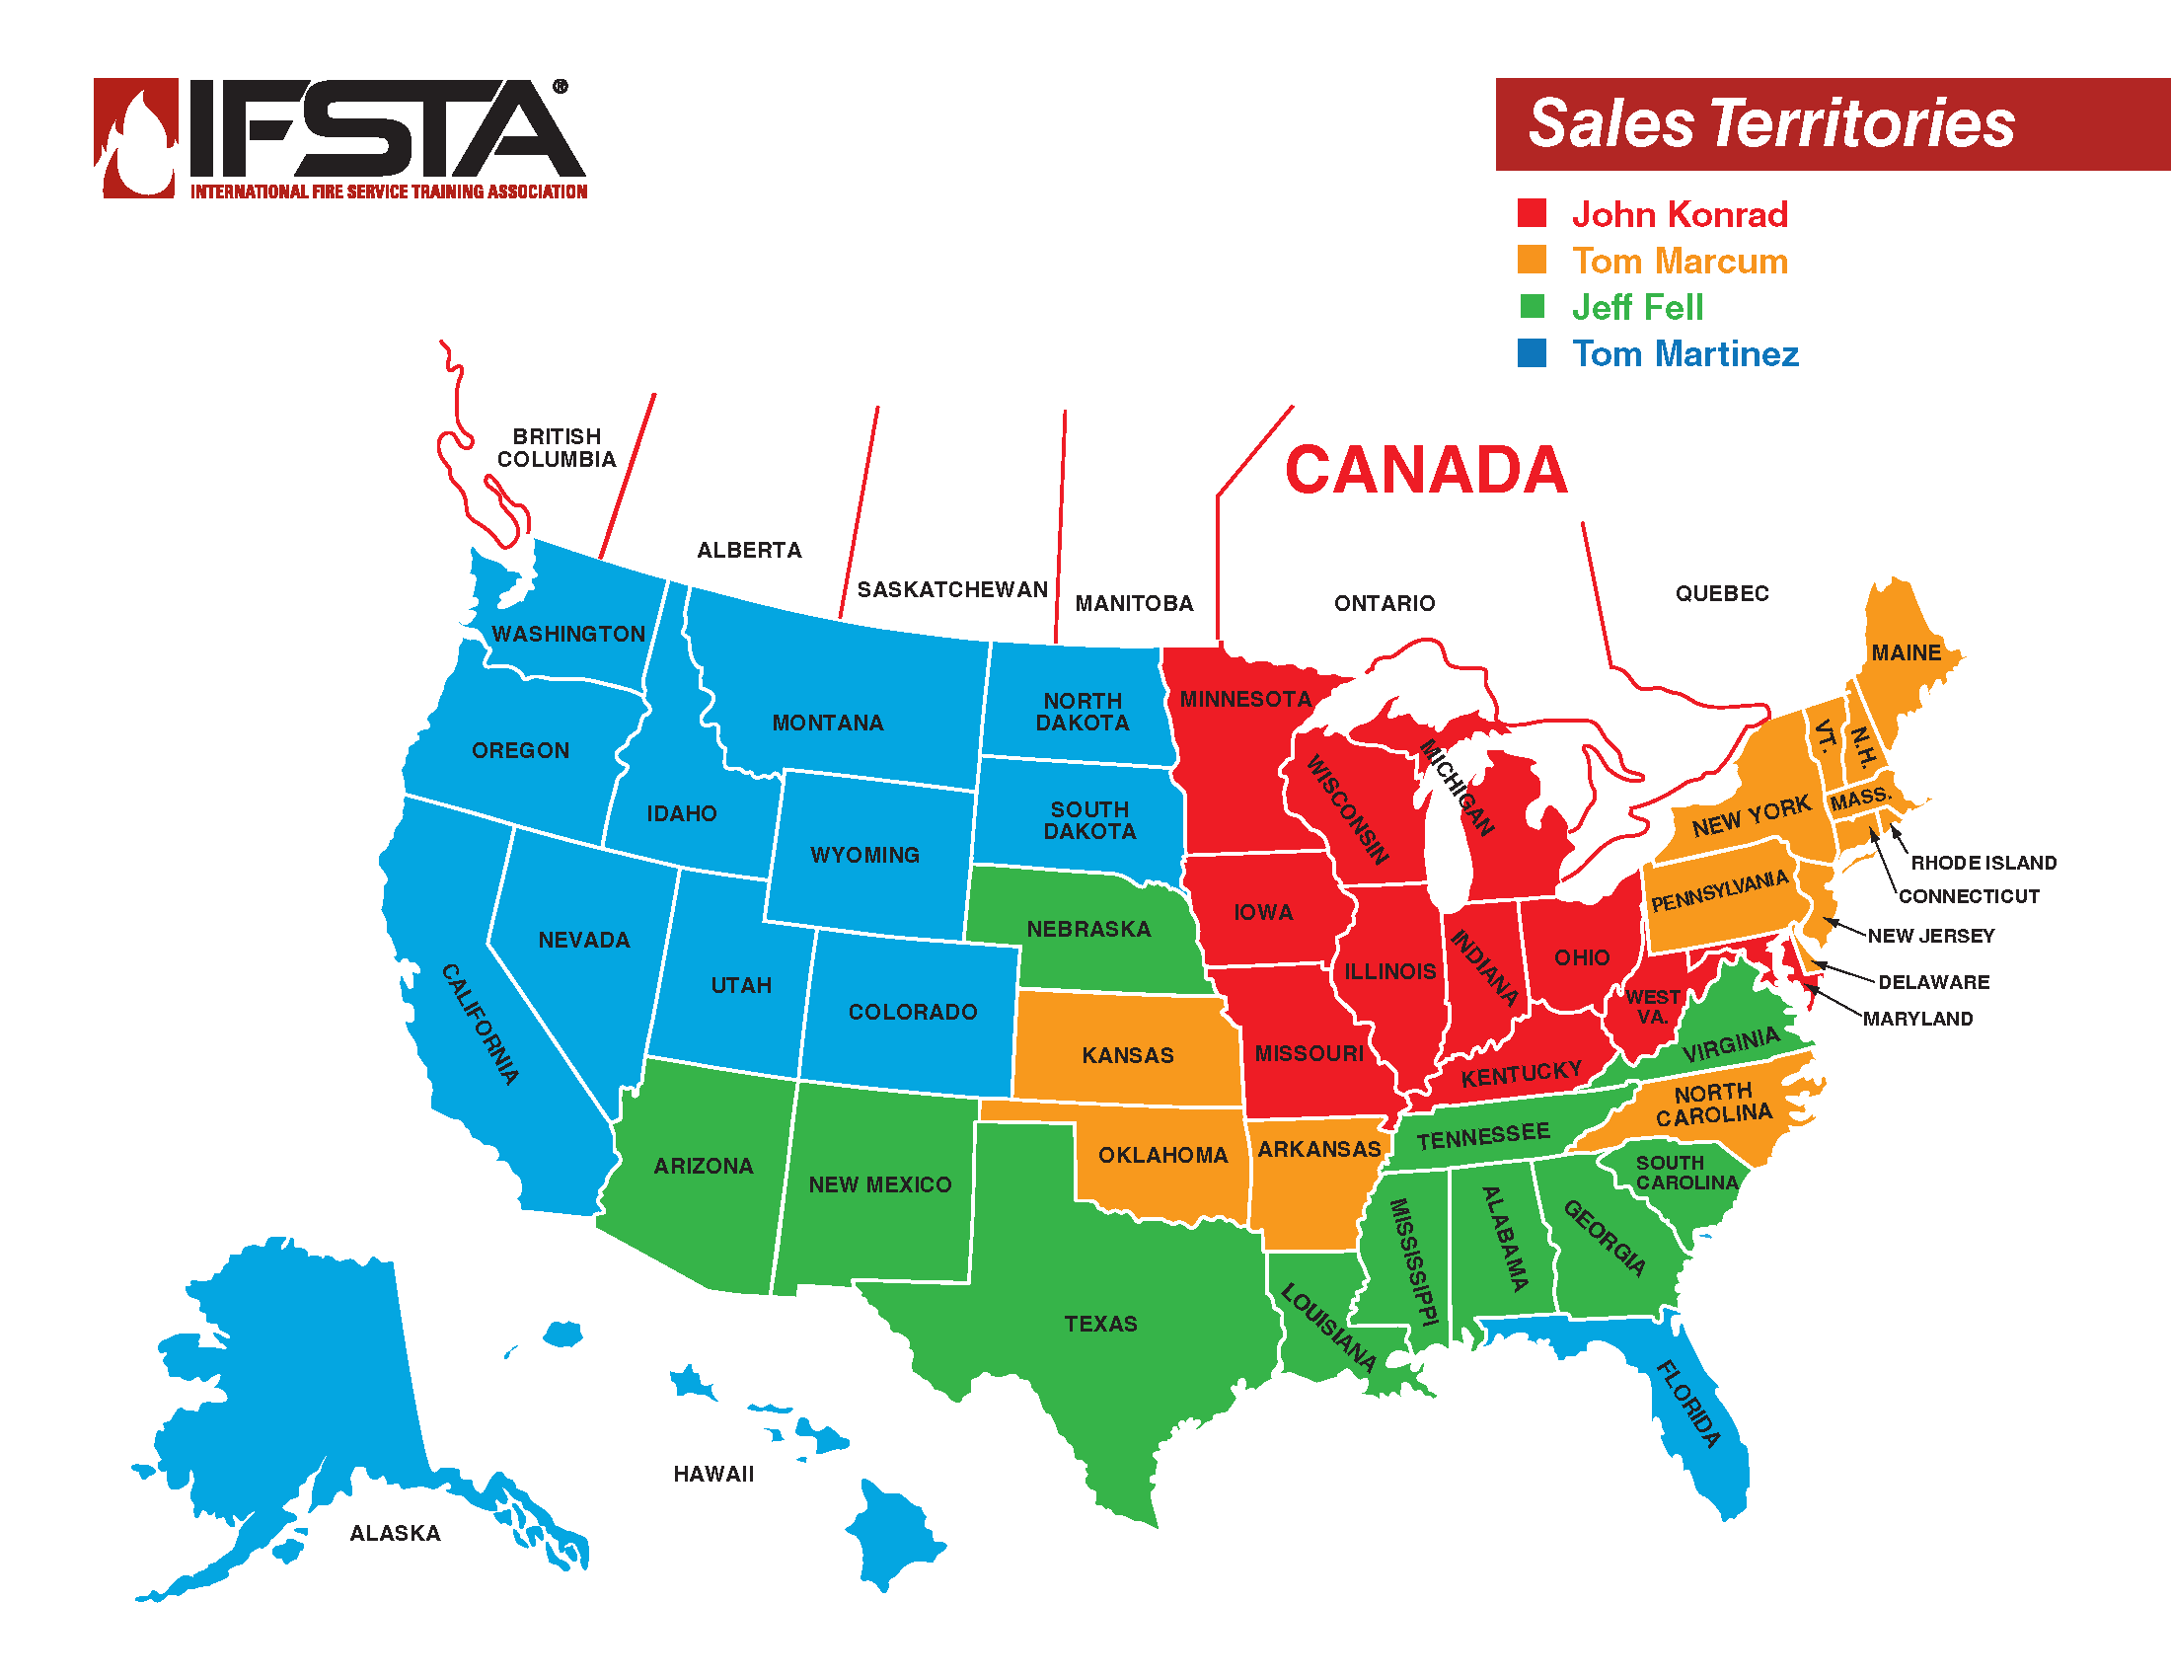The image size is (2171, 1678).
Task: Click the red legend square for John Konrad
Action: (x=1532, y=213)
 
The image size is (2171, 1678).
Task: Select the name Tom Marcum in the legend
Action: (x=1680, y=261)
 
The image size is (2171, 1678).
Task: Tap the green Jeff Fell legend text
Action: (x=1637, y=307)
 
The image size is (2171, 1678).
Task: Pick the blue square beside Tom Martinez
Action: (x=1532, y=353)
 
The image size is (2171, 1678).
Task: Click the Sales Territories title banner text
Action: (x=1770, y=123)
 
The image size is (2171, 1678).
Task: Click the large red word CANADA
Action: (x=1426, y=469)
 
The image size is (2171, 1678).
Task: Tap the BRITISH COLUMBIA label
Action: (x=557, y=447)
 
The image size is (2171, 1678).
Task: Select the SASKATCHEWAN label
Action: (x=952, y=589)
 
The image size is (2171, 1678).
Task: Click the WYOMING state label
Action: (x=864, y=855)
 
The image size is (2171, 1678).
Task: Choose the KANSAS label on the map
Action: (x=1127, y=1055)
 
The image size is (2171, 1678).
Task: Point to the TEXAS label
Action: (x=1100, y=1323)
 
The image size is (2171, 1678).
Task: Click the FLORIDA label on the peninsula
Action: (x=1687, y=1403)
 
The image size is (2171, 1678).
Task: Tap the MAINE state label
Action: (x=1906, y=652)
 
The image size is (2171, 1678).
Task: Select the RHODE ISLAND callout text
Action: (x=1984, y=863)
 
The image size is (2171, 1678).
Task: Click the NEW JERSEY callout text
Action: (x=1930, y=936)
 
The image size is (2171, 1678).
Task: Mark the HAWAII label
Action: (x=713, y=1474)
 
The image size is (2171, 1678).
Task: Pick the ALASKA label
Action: (x=395, y=1533)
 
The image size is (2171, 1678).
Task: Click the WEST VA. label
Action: (x=1653, y=1006)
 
